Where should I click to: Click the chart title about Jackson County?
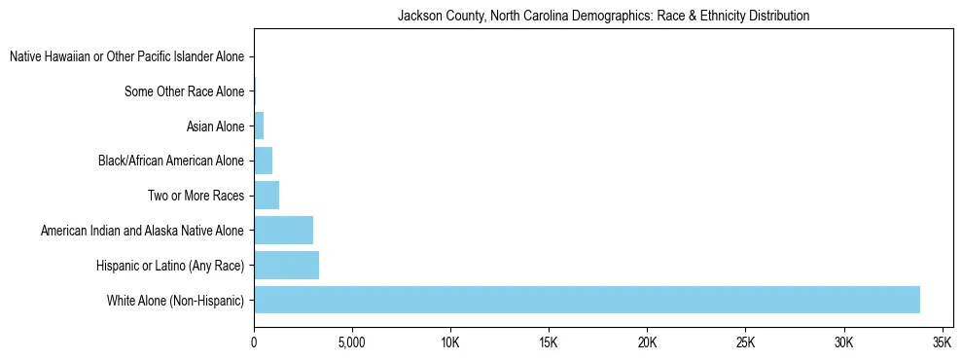604,17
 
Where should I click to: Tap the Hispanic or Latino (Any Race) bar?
286,265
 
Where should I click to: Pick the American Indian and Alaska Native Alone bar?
283,231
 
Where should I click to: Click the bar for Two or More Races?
267,196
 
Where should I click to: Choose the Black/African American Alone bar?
263,161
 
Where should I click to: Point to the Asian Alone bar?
259,126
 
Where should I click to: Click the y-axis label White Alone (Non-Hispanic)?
176,301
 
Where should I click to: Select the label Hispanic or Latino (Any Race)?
171,266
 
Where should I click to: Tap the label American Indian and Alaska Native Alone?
143,231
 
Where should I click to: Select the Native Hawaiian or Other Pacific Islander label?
127,57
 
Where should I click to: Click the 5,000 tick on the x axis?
351,343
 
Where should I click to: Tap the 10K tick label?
450,343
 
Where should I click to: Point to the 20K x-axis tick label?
647,343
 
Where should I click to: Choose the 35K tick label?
942,343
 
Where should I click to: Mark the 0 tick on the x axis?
254,343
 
